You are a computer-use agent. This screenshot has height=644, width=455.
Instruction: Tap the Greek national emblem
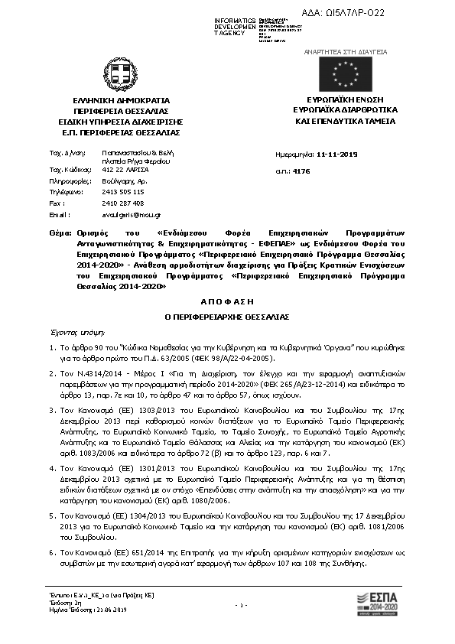pyautogui.click(x=121, y=76)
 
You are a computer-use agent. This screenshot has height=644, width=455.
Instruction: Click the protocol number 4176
pyautogui.click(x=323, y=172)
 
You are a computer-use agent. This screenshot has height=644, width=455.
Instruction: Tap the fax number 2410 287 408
pyautogui.click(x=122, y=203)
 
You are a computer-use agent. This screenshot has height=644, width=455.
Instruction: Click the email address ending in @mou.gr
pyautogui.click(x=131, y=216)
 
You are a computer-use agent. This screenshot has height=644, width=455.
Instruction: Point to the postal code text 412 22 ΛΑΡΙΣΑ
pyautogui.click(x=126, y=168)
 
